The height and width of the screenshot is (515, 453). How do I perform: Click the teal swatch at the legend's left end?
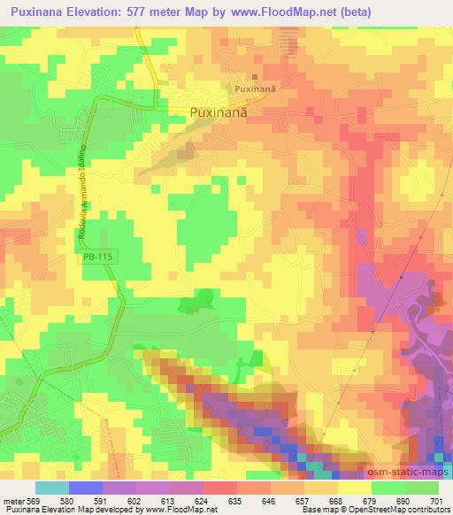click(52, 488)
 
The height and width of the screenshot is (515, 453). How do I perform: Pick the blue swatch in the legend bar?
click(85, 488)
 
